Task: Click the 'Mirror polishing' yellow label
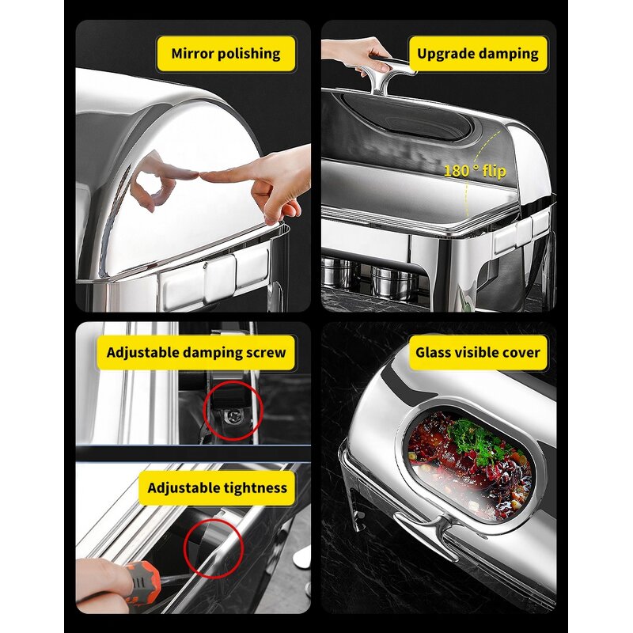click(x=226, y=54)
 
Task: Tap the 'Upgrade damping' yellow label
click(x=477, y=54)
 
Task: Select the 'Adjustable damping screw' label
click(x=196, y=352)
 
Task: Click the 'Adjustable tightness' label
click(x=217, y=487)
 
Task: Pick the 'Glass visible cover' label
click(x=479, y=352)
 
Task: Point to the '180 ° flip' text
click(x=474, y=170)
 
